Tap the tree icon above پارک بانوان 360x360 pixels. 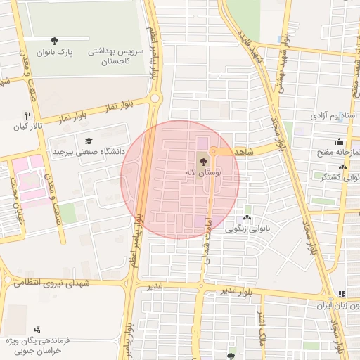coord(56,40)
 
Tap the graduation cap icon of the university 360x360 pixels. coord(88,141)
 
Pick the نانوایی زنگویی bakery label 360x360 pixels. coord(247,229)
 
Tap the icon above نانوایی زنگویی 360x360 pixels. coord(247,217)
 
